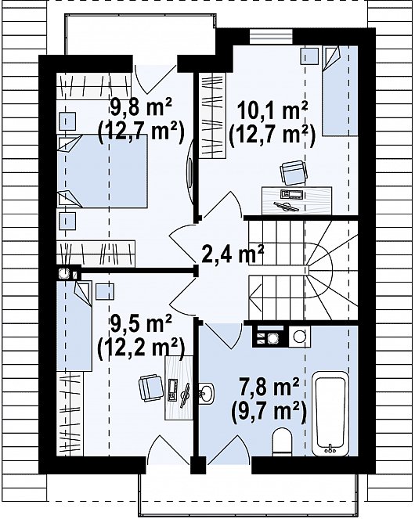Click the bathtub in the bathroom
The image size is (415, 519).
[330, 413]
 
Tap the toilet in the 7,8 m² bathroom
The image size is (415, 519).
[283, 442]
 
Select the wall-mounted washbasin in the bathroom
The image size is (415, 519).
[207, 393]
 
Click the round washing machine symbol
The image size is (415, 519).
[299, 337]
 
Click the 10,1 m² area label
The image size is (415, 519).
[272, 112]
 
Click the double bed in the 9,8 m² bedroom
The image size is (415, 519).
[102, 171]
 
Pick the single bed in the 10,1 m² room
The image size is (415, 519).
[340, 91]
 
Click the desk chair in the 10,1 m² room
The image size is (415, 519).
[294, 172]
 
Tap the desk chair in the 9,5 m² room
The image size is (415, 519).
[151, 387]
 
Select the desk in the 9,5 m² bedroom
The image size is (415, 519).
[179, 388]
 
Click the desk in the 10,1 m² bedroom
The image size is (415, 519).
[297, 200]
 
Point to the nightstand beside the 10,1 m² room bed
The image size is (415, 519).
[309, 56]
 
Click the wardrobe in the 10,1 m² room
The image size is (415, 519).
[212, 116]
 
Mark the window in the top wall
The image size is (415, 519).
[271, 37]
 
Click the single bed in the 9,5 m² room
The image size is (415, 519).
[74, 326]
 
